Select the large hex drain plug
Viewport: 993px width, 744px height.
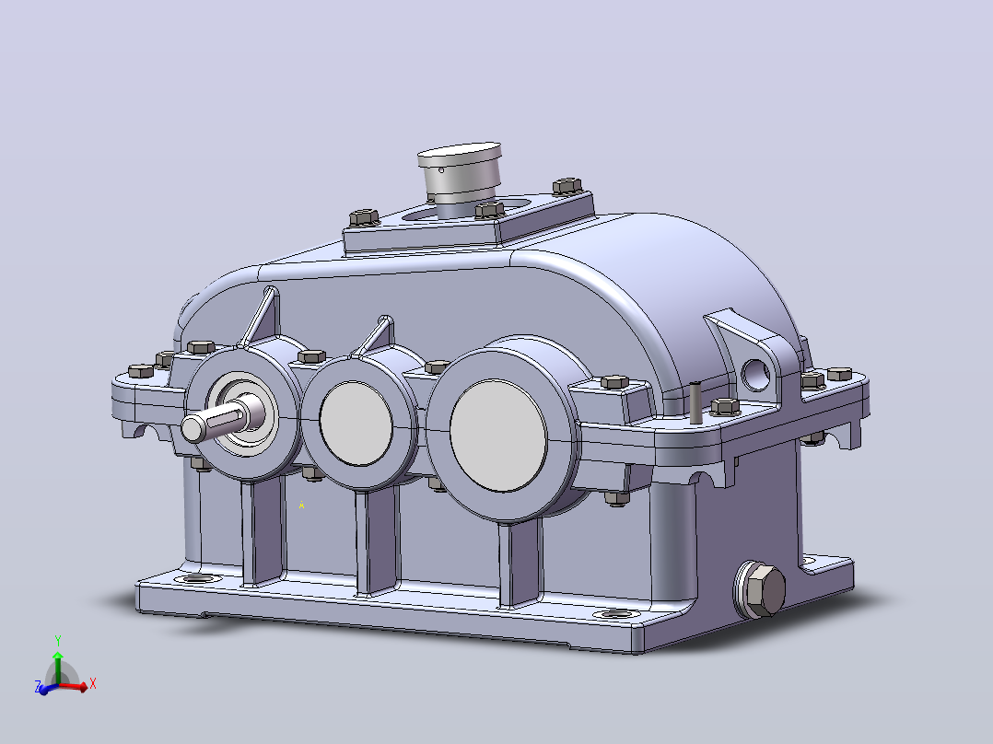pos(761,589)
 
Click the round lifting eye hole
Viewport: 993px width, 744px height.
pos(755,374)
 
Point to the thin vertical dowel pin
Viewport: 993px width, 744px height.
pos(695,403)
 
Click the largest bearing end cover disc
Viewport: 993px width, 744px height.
pos(498,436)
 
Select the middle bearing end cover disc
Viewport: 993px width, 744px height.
pos(356,424)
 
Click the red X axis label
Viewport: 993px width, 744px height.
pos(92,684)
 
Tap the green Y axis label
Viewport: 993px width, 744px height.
pos(58,641)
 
